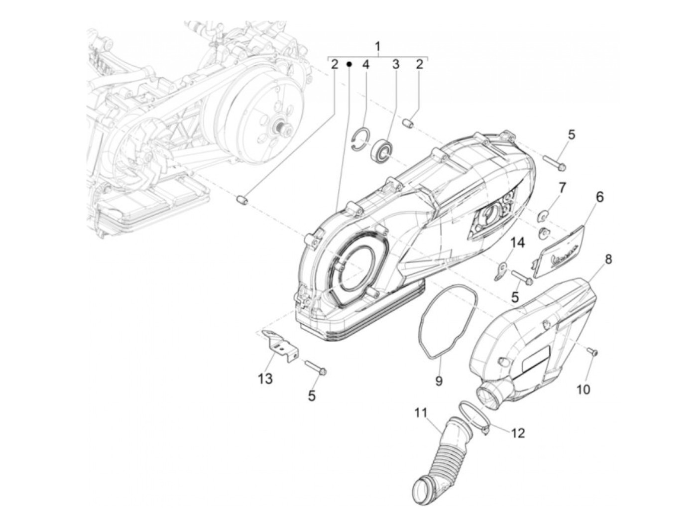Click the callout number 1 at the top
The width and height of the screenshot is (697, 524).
pyautogui.click(x=377, y=47)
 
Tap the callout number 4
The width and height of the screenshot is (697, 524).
pyautogui.click(x=365, y=64)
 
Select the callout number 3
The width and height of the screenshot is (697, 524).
pyautogui.click(x=396, y=64)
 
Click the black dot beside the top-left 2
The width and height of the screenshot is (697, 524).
pyautogui.click(x=349, y=64)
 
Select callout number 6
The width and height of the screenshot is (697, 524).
pyautogui.click(x=599, y=197)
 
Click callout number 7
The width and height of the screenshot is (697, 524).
pyautogui.click(x=562, y=188)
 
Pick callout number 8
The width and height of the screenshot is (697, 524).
pyautogui.click(x=608, y=260)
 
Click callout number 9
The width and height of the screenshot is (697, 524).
pyautogui.click(x=439, y=381)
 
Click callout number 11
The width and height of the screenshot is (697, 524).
pyautogui.click(x=421, y=412)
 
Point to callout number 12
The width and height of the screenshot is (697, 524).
pyautogui.click(x=518, y=433)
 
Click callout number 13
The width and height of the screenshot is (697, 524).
pyautogui.click(x=265, y=379)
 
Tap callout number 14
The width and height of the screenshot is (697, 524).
pyautogui.click(x=518, y=243)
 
